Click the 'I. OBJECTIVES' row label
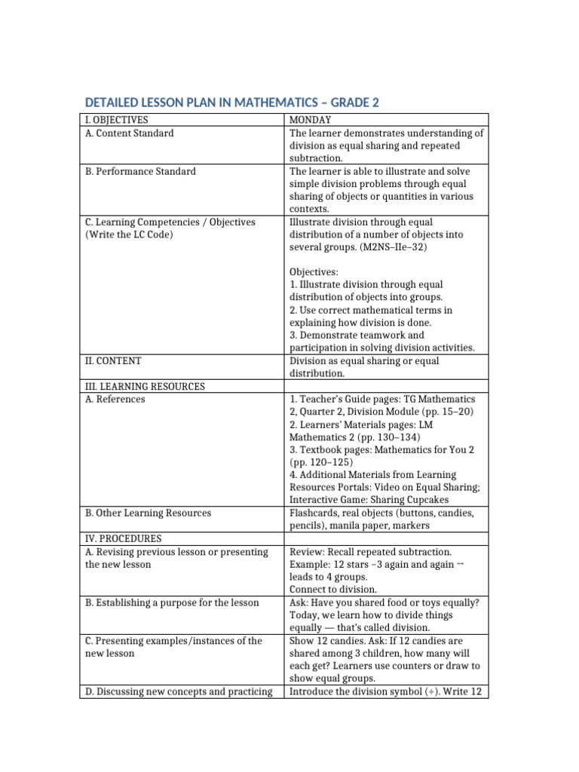(x=116, y=120)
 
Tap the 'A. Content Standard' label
(x=129, y=133)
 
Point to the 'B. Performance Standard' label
(x=140, y=171)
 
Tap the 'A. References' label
(x=115, y=399)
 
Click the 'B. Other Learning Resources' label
(x=148, y=513)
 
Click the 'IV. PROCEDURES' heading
(x=123, y=538)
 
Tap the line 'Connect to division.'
(x=333, y=589)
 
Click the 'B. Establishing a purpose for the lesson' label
(x=172, y=602)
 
